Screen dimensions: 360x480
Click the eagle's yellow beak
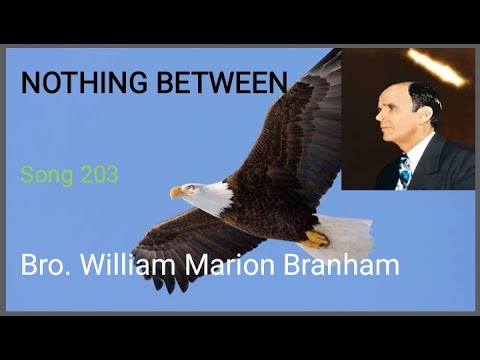(177, 192)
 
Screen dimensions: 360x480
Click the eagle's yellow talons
(316, 238)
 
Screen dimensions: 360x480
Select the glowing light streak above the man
(436, 67)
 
